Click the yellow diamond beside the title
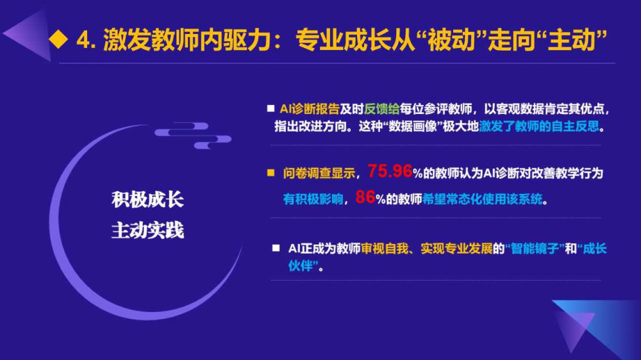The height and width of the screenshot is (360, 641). [x=58, y=39]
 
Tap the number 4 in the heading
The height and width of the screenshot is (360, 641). [x=83, y=40]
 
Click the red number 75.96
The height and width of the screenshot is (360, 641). [x=390, y=171]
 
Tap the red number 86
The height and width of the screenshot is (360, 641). [x=365, y=197]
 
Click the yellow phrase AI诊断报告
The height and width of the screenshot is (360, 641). [x=310, y=109]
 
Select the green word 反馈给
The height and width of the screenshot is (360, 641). [x=381, y=109]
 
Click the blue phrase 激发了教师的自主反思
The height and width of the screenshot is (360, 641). [x=539, y=126]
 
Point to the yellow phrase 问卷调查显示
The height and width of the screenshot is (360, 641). [x=319, y=173]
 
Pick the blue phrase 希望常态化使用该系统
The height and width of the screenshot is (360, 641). [x=483, y=199]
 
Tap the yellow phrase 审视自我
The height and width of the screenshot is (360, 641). [x=385, y=249]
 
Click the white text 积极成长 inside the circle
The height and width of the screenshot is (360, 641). [x=147, y=200]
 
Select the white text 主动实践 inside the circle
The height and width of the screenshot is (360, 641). [x=147, y=231]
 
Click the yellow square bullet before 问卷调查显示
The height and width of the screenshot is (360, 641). [x=271, y=173]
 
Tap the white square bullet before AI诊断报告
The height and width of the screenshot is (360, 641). [x=271, y=108]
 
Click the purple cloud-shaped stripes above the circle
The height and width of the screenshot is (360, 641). [x=193, y=135]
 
